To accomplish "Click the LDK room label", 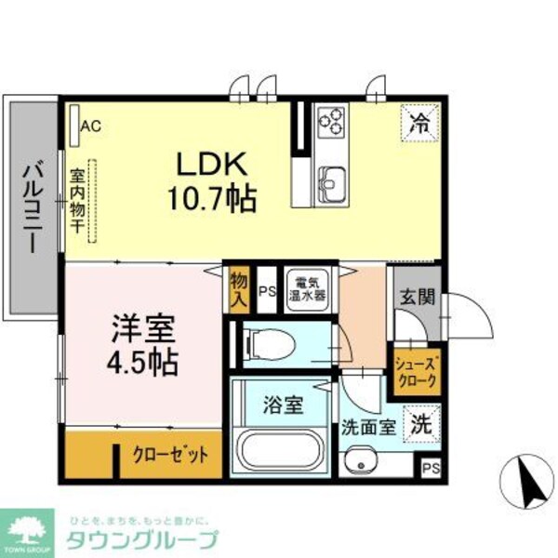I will point(213,165).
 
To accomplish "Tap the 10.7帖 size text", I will point(213,197).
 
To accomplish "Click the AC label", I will point(91,124).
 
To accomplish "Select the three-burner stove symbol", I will point(330,120).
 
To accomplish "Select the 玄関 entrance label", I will point(418,299).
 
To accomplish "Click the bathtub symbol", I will point(279,454).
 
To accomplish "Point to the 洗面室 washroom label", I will point(367,430).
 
